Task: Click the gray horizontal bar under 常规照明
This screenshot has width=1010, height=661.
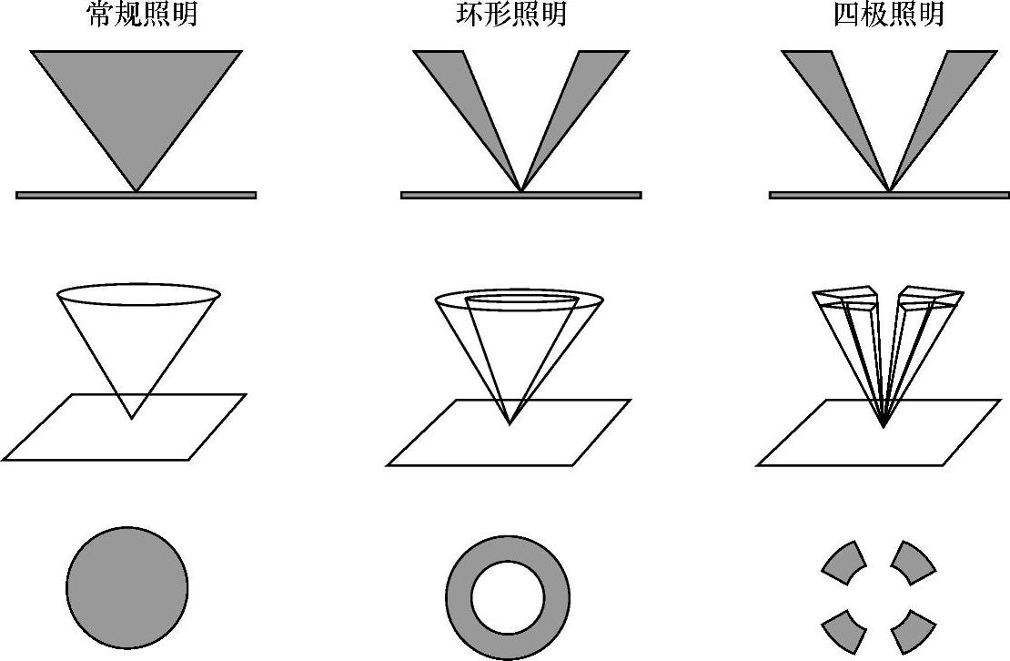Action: (136, 195)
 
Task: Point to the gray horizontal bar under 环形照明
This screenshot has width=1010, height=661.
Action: (520, 195)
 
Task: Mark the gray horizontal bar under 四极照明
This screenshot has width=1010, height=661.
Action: (888, 195)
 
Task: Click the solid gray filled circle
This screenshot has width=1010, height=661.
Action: (126, 586)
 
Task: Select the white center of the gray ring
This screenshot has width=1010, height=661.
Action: (508, 597)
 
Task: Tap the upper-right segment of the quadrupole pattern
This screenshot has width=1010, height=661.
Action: (913, 563)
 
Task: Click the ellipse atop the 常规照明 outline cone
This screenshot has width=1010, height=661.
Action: (138, 293)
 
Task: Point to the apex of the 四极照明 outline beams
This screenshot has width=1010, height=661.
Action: (884, 426)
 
